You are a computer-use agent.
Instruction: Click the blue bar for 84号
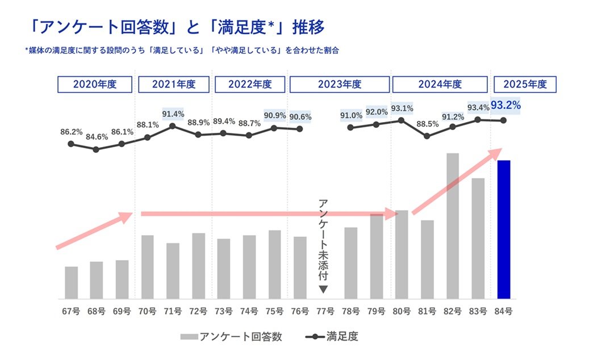point(504,229)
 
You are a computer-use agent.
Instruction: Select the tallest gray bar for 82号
point(453,226)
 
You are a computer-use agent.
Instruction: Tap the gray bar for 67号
point(71,282)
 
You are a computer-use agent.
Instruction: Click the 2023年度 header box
point(339,85)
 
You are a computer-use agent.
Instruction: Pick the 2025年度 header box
point(525,85)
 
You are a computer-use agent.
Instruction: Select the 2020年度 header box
point(95,85)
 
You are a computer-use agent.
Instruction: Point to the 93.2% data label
point(506,106)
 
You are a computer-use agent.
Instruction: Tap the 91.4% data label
point(173,114)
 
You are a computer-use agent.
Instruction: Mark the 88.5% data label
point(427,123)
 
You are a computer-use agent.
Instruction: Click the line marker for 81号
point(427,136)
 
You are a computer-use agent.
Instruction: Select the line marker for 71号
point(173,126)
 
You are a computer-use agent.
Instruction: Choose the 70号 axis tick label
point(147,311)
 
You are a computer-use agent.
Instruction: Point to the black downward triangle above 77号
point(323,290)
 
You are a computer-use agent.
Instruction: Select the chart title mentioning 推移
point(178,27)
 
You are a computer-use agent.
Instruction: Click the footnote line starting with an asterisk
point(182,51)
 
